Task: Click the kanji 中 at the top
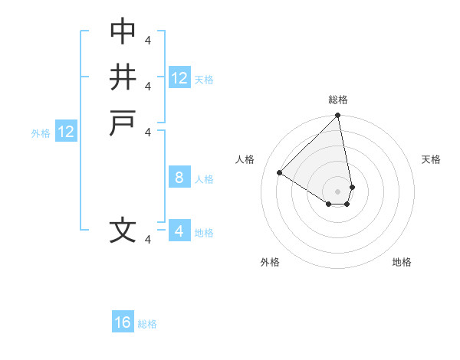coord(123,31)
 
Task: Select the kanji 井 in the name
coord(123,77)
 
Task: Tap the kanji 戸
coord(123,123)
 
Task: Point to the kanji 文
coord(123,230)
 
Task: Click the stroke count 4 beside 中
coord(148,40)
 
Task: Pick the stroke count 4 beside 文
coord(148,240)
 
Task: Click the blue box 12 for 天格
coord(179,77)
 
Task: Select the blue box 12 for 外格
coord(66,131)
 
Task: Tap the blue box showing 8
coord(179,176)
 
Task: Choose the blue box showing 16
coord(123,321)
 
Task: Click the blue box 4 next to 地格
coord(179,230)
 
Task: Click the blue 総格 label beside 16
coord(147,324)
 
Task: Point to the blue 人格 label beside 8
coord(204,179)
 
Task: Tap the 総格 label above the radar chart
coord(338,100)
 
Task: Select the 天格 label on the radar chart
coord(431,159)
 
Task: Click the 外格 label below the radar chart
coord(270,262)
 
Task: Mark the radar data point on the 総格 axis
coord(337,115)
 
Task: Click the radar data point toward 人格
coord(279,172)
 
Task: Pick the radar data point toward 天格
coord(353,187)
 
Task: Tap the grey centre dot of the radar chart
coord(337,191)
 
